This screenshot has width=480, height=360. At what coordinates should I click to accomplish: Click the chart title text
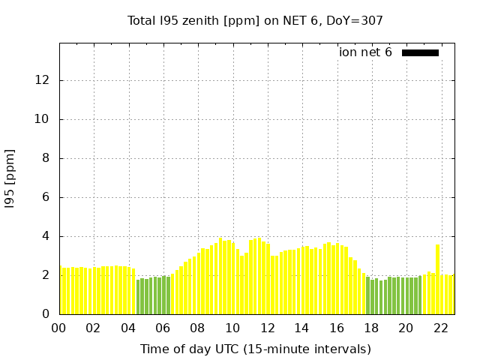[255, 20]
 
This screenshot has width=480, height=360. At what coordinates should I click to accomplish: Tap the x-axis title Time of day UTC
[255, 349]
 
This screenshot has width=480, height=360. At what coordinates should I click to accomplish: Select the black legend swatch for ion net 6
[420, 52]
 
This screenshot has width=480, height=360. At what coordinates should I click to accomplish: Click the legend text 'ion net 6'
[365, 52]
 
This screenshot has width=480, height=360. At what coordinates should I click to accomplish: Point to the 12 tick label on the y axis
[43, 80]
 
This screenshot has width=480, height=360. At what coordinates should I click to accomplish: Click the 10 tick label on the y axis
[43, 119]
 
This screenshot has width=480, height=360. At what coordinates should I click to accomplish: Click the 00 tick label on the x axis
[58, 328]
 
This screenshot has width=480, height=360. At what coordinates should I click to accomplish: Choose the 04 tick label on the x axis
[128, 328]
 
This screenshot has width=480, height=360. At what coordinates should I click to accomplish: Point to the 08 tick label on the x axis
[197, 328]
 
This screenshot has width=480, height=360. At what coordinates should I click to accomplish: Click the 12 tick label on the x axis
[267, 328]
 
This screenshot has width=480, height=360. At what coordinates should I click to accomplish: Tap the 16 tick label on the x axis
[337, 328]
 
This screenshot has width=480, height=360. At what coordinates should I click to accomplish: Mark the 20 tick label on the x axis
[406, 328]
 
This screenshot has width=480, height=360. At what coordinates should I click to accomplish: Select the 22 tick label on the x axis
[441, 328]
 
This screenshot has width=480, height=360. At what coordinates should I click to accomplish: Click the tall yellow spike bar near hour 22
[437, 279]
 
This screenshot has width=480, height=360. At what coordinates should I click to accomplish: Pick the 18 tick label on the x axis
[371, 328]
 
